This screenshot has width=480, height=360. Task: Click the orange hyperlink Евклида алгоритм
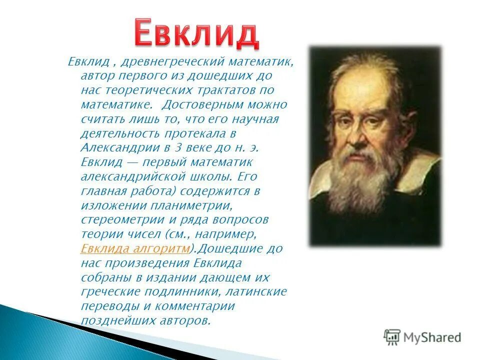[x=135, y=249]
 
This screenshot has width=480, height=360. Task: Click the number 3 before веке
[x=177, y=148]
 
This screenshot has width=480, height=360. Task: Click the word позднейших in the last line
[x=111, y=320]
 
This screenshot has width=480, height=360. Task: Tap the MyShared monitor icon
[x=392, y=337]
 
